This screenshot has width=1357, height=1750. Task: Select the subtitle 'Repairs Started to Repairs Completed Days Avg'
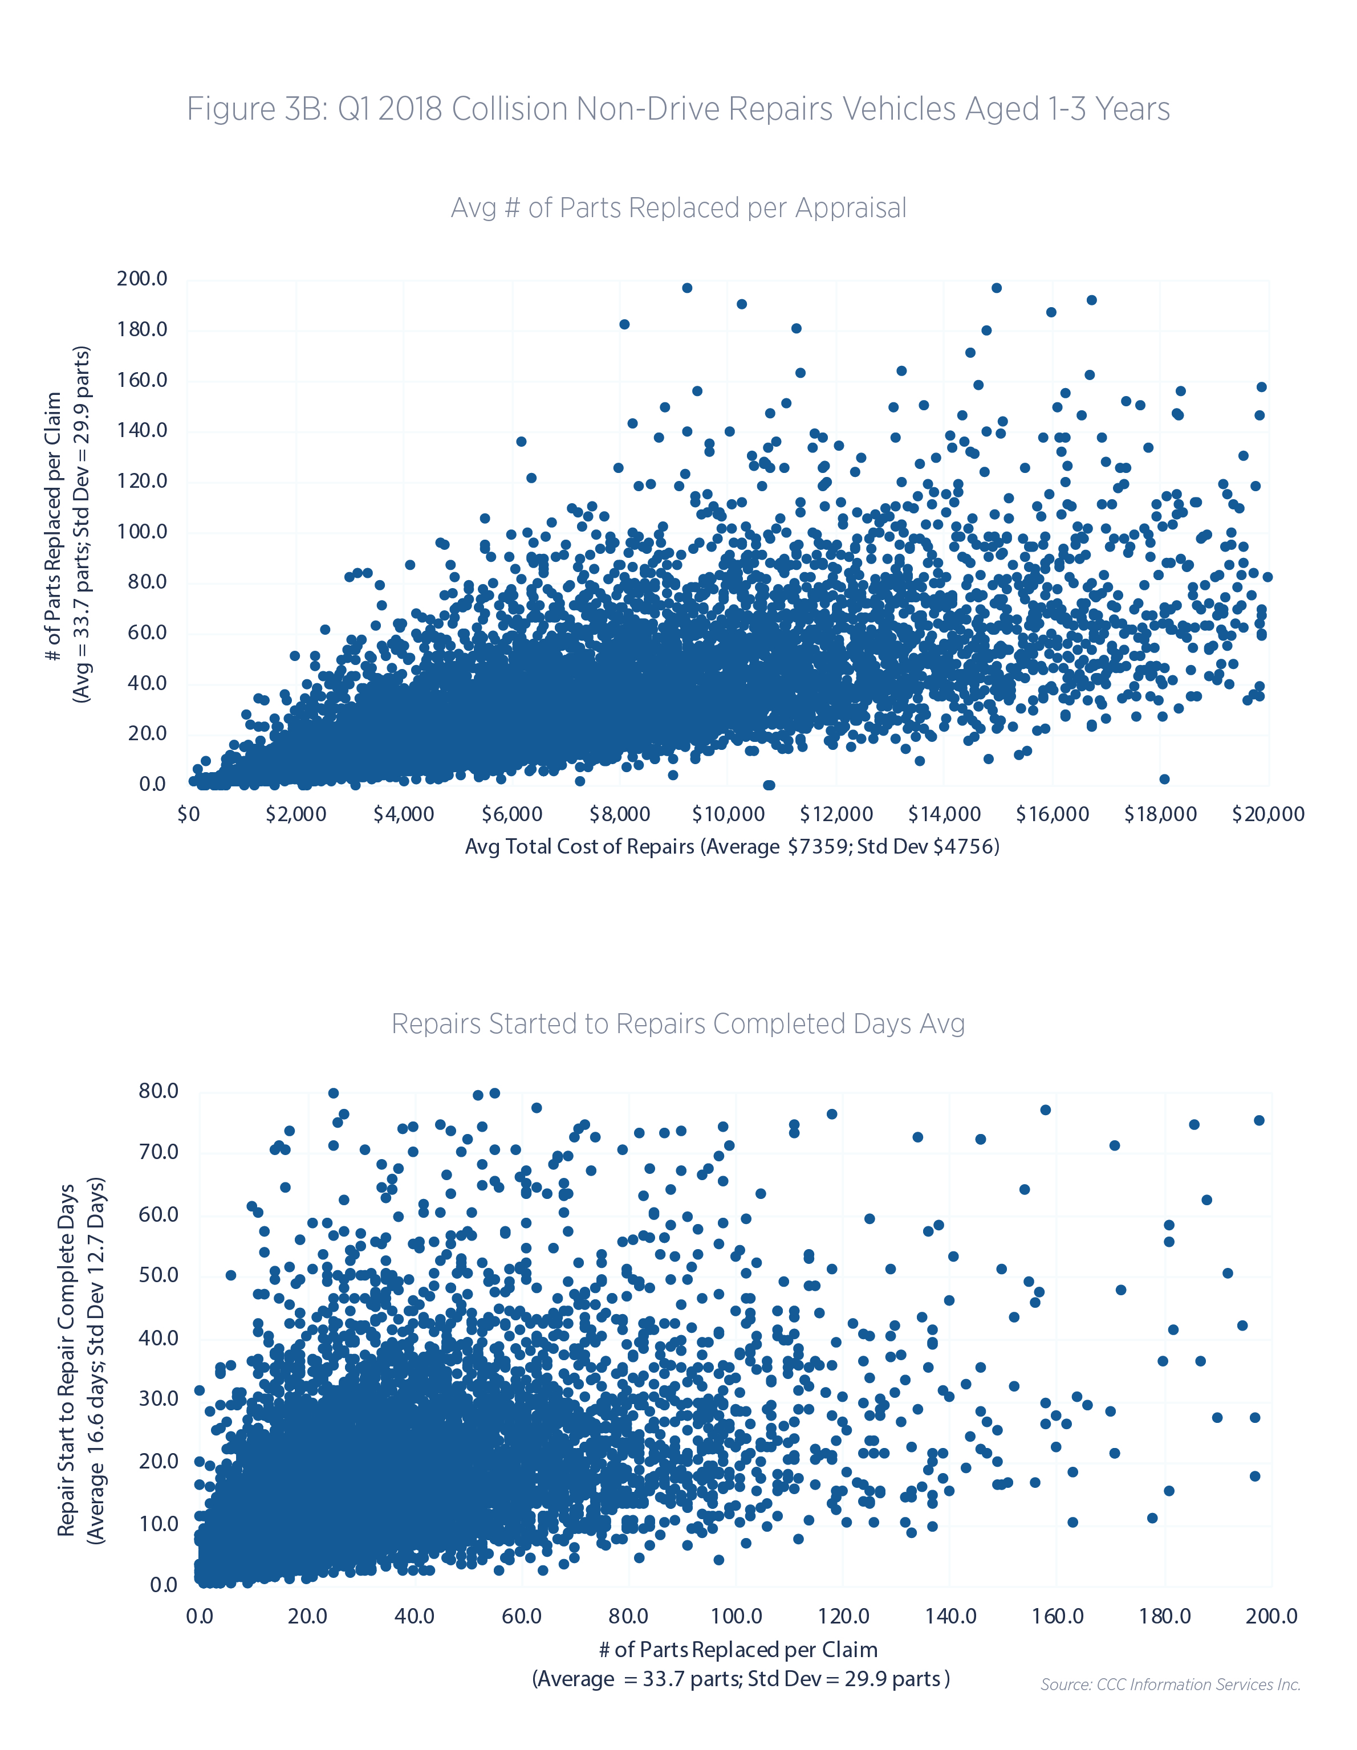(678, 1024)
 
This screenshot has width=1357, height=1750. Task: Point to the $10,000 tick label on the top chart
(728, 815)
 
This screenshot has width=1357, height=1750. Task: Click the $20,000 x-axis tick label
(1268, 815)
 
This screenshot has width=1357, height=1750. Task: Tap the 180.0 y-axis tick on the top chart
(142, 329)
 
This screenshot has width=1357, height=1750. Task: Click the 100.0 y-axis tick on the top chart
(142, 531)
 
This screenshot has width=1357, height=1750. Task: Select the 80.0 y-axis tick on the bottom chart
(158, 1091)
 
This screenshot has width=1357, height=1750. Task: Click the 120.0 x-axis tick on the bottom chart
(843, 1616)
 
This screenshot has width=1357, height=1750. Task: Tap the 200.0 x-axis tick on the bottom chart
(1271, 1616)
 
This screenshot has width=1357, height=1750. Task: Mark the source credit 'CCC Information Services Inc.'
(1170, 1684)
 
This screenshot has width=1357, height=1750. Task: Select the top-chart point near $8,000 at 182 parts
(624, 324)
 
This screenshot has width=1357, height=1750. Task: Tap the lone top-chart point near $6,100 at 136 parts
(521, 442)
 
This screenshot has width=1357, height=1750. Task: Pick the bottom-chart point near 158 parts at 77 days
(1045, 1109)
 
